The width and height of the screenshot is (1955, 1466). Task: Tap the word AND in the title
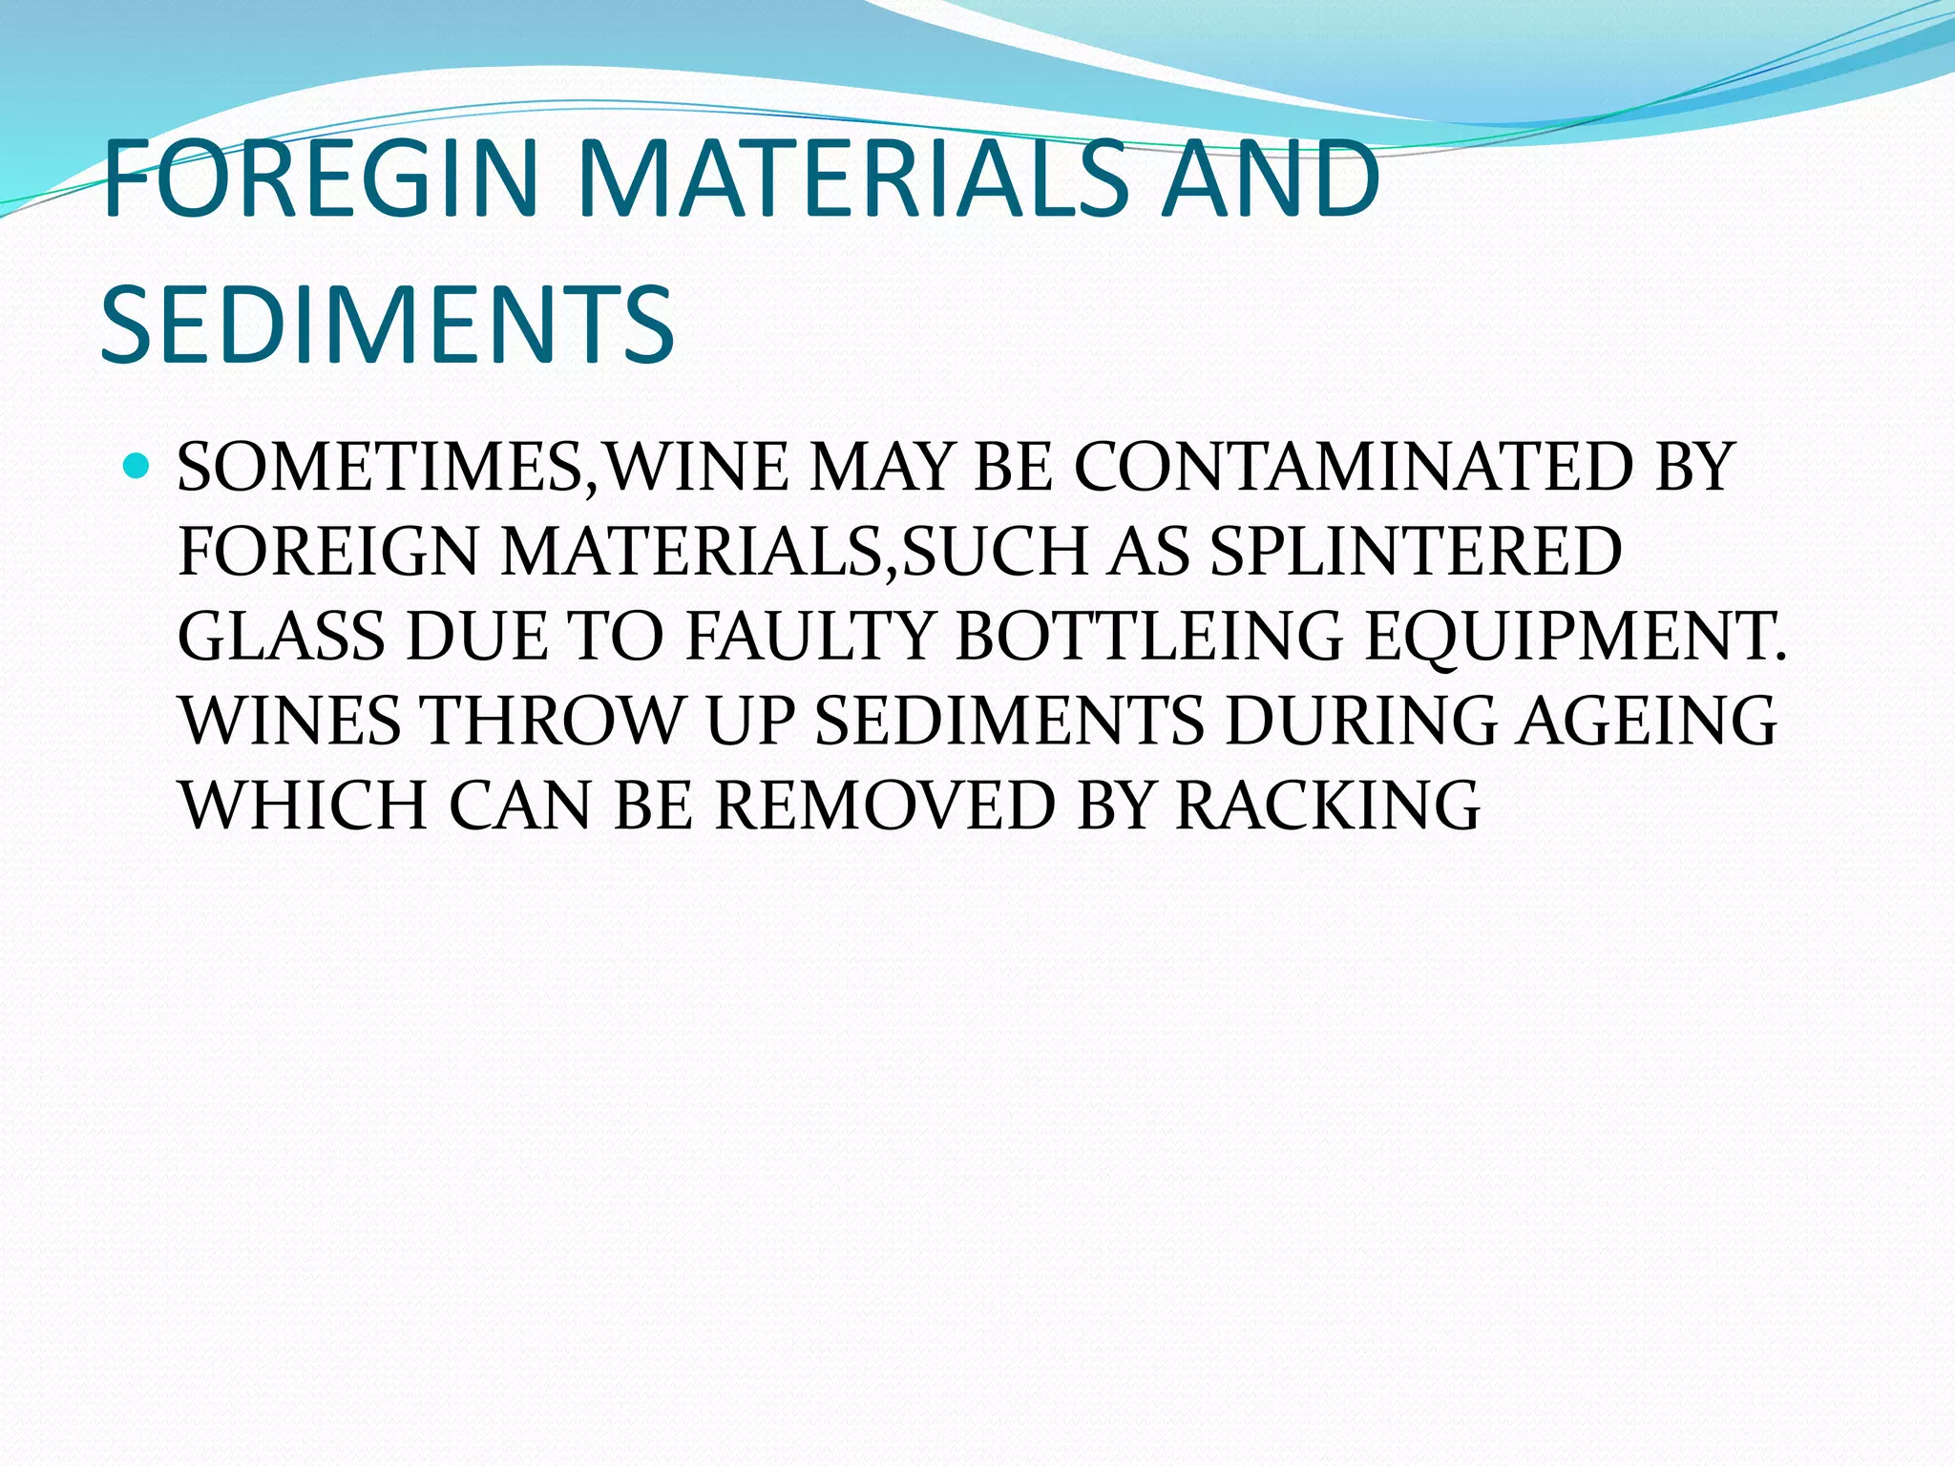1271,178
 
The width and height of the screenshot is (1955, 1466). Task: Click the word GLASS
281,637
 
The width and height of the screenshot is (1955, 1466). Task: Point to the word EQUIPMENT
1574,637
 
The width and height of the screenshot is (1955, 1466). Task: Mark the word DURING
1361,721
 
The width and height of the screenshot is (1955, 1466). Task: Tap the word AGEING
1648,721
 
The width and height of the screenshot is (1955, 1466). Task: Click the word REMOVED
884,805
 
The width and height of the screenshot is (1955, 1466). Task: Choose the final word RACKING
1327,805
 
